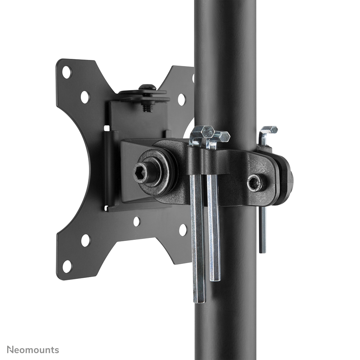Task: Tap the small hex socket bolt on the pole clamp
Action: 255,183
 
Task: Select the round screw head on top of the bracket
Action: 147,87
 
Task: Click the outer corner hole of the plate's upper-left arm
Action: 67,72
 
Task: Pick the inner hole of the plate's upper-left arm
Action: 85,97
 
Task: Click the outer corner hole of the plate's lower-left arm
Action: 67,266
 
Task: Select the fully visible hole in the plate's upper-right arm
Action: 181,99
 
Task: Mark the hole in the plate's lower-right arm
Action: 183,230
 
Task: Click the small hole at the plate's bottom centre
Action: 136,221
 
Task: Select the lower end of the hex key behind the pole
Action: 263,249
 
